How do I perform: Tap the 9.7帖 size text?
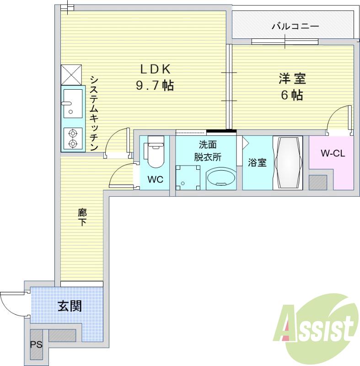(x=155, y=85)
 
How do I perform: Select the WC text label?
(x=155, y=180)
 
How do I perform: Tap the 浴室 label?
(x=258, y=163)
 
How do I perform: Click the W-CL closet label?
(x=332, y=154)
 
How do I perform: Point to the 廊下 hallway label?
(x=82, y=217)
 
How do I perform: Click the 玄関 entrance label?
(x=70, y=306)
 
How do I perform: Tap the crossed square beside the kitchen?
(x=71, y=74)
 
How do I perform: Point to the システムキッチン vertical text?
(x=94, y=113)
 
